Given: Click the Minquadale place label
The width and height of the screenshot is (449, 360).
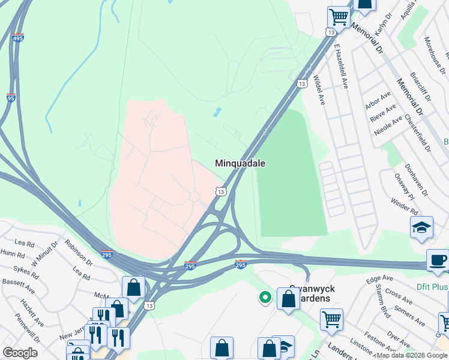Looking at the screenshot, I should click(240, 163).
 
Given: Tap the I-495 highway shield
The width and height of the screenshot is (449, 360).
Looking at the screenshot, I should click(17, 38).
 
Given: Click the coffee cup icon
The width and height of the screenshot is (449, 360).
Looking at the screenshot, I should click(438, 260).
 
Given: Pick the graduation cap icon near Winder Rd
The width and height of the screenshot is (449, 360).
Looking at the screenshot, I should click(422, 227).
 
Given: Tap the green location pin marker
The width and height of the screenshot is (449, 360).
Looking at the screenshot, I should click(264, 297).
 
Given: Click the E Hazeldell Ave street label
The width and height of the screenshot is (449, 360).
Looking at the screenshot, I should click(342, 65).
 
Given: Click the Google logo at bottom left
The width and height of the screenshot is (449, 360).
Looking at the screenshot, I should click(20, 353).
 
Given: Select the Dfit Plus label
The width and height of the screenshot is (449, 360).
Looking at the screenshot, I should click(432, 287).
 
